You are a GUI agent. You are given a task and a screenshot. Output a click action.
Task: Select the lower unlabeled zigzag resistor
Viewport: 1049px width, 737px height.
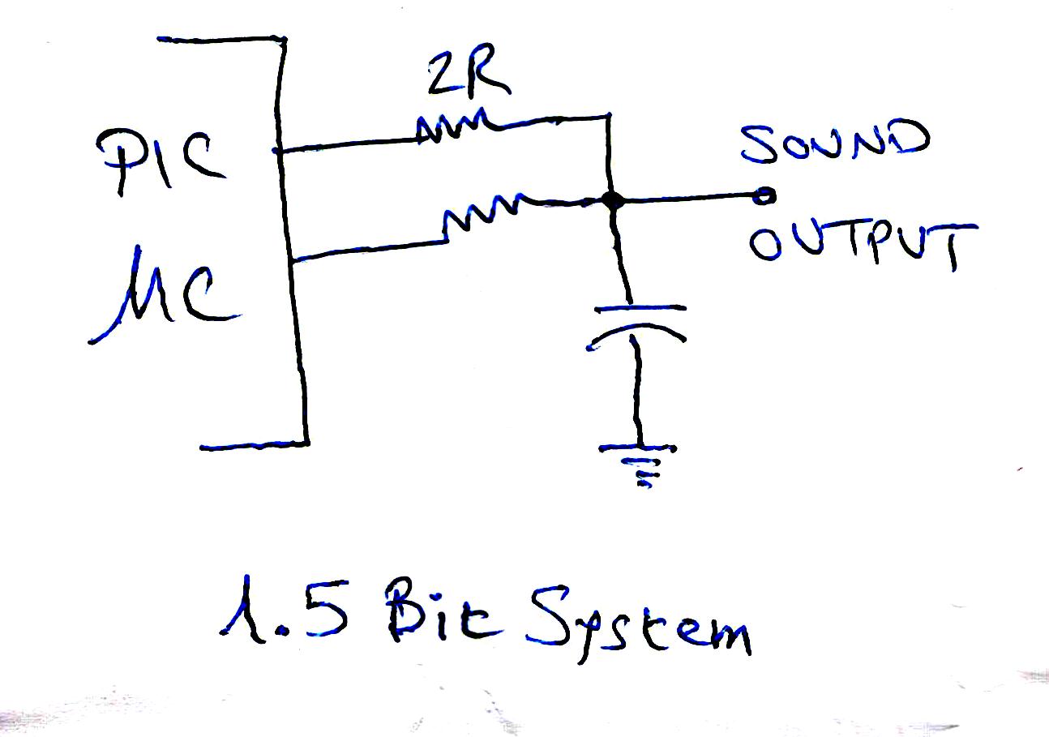480,212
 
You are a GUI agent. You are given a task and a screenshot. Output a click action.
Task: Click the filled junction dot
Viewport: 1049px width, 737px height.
613,200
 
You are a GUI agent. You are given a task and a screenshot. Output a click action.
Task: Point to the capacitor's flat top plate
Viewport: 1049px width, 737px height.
640,309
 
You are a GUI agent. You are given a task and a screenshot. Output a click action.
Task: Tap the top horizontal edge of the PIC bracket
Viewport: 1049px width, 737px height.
221,39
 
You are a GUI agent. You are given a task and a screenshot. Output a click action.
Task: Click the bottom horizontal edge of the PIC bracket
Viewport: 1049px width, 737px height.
254,445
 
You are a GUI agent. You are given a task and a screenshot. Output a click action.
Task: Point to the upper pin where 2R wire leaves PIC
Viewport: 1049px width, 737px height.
278,150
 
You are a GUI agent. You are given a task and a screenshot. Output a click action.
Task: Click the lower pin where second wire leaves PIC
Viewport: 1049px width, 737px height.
293,259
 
